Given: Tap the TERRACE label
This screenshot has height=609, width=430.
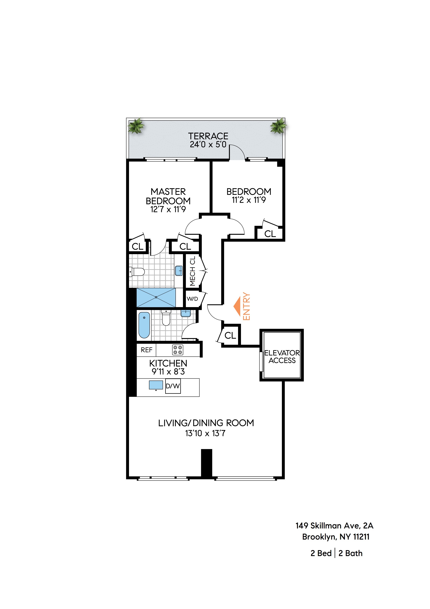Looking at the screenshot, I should (x=208, y=136).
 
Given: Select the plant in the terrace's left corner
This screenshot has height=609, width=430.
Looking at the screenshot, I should (x=136, y=126).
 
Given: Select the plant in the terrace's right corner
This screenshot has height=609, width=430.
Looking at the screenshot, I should (x=278, y=126).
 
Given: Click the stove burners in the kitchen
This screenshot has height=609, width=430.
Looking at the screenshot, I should (x=178, y=350).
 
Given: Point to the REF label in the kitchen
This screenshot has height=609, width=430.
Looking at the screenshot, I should (x=147, y=350).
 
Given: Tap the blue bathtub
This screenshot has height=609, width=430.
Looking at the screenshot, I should (x=144, y=325).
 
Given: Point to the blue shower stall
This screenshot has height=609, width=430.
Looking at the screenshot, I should (x=156, y=297).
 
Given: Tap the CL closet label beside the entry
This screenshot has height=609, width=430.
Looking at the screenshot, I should (x=230, y=336).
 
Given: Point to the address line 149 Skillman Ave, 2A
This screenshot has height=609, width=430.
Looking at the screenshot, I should (x=334, y=525).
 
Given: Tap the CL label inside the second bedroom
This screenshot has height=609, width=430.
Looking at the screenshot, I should (x=270, y=234).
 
